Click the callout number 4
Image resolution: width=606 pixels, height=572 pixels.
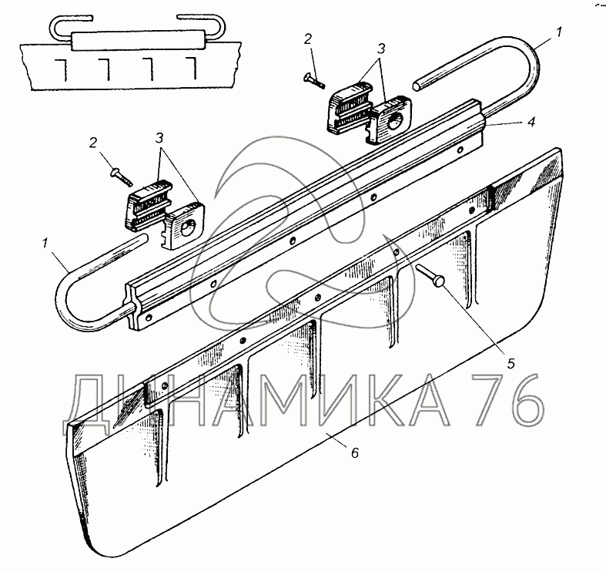(x=531, y=122)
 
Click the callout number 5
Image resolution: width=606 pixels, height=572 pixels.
(x=511, y=363)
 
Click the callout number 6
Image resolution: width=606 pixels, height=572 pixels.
(x=355, y=452)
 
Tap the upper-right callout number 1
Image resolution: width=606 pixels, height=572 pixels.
(x=560, y=32)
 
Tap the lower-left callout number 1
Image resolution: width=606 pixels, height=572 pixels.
(x=45, y=244)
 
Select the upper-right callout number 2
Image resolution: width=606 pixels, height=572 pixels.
(x=308, y=39)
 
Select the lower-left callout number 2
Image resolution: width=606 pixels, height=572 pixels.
(x=92, y=143)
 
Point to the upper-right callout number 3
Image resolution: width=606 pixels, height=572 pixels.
(x=380, y=49)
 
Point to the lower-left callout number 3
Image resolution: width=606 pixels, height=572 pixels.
(x=159, y=137)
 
